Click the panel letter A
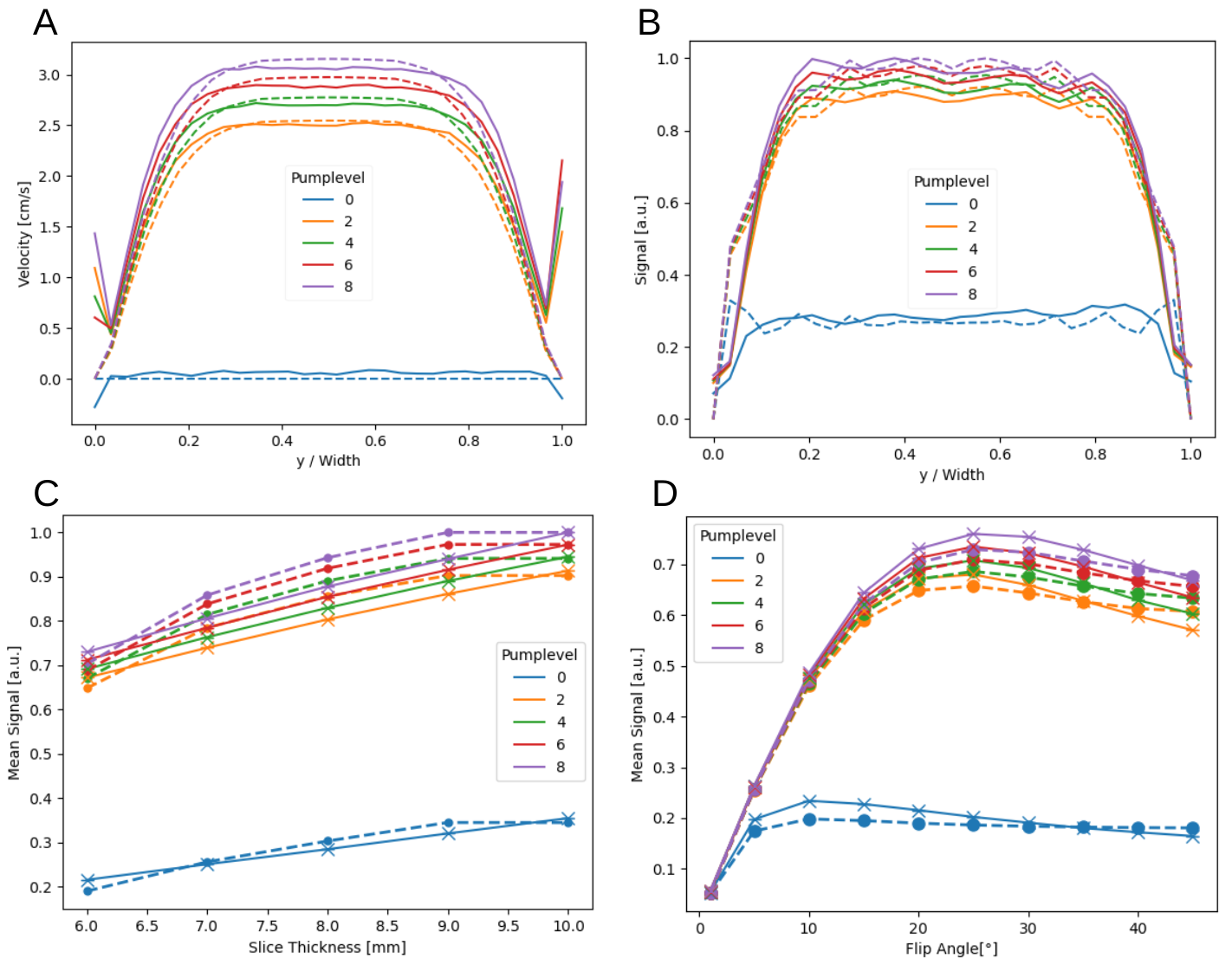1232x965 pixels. click(45, 23)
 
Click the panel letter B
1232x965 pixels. click(649, 23)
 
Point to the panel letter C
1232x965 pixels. click(46, 493)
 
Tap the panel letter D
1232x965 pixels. click(665, 493)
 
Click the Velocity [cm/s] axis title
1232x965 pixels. click(24, 234)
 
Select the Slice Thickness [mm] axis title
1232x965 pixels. click(327, 947)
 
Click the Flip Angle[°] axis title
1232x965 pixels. click(951, 949)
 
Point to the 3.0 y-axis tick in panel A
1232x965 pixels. click(49, 75)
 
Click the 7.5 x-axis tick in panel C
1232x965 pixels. click(267, 925)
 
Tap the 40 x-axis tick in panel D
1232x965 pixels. click(1138, 928)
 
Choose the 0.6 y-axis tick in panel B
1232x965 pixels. click(667, 204)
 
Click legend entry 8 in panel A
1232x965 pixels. click(348, 287)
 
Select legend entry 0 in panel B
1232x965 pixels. click(973, 204)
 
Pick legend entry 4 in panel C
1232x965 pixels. click(561, 722)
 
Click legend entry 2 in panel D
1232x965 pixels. click(759, 580)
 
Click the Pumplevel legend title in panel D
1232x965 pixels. click(737, 535)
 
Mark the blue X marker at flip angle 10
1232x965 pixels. click(809, 801)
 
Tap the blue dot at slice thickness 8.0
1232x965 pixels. click(327, 841)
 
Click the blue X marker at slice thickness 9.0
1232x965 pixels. click(449, 832)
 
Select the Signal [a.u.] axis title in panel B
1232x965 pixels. click(641, 240)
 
